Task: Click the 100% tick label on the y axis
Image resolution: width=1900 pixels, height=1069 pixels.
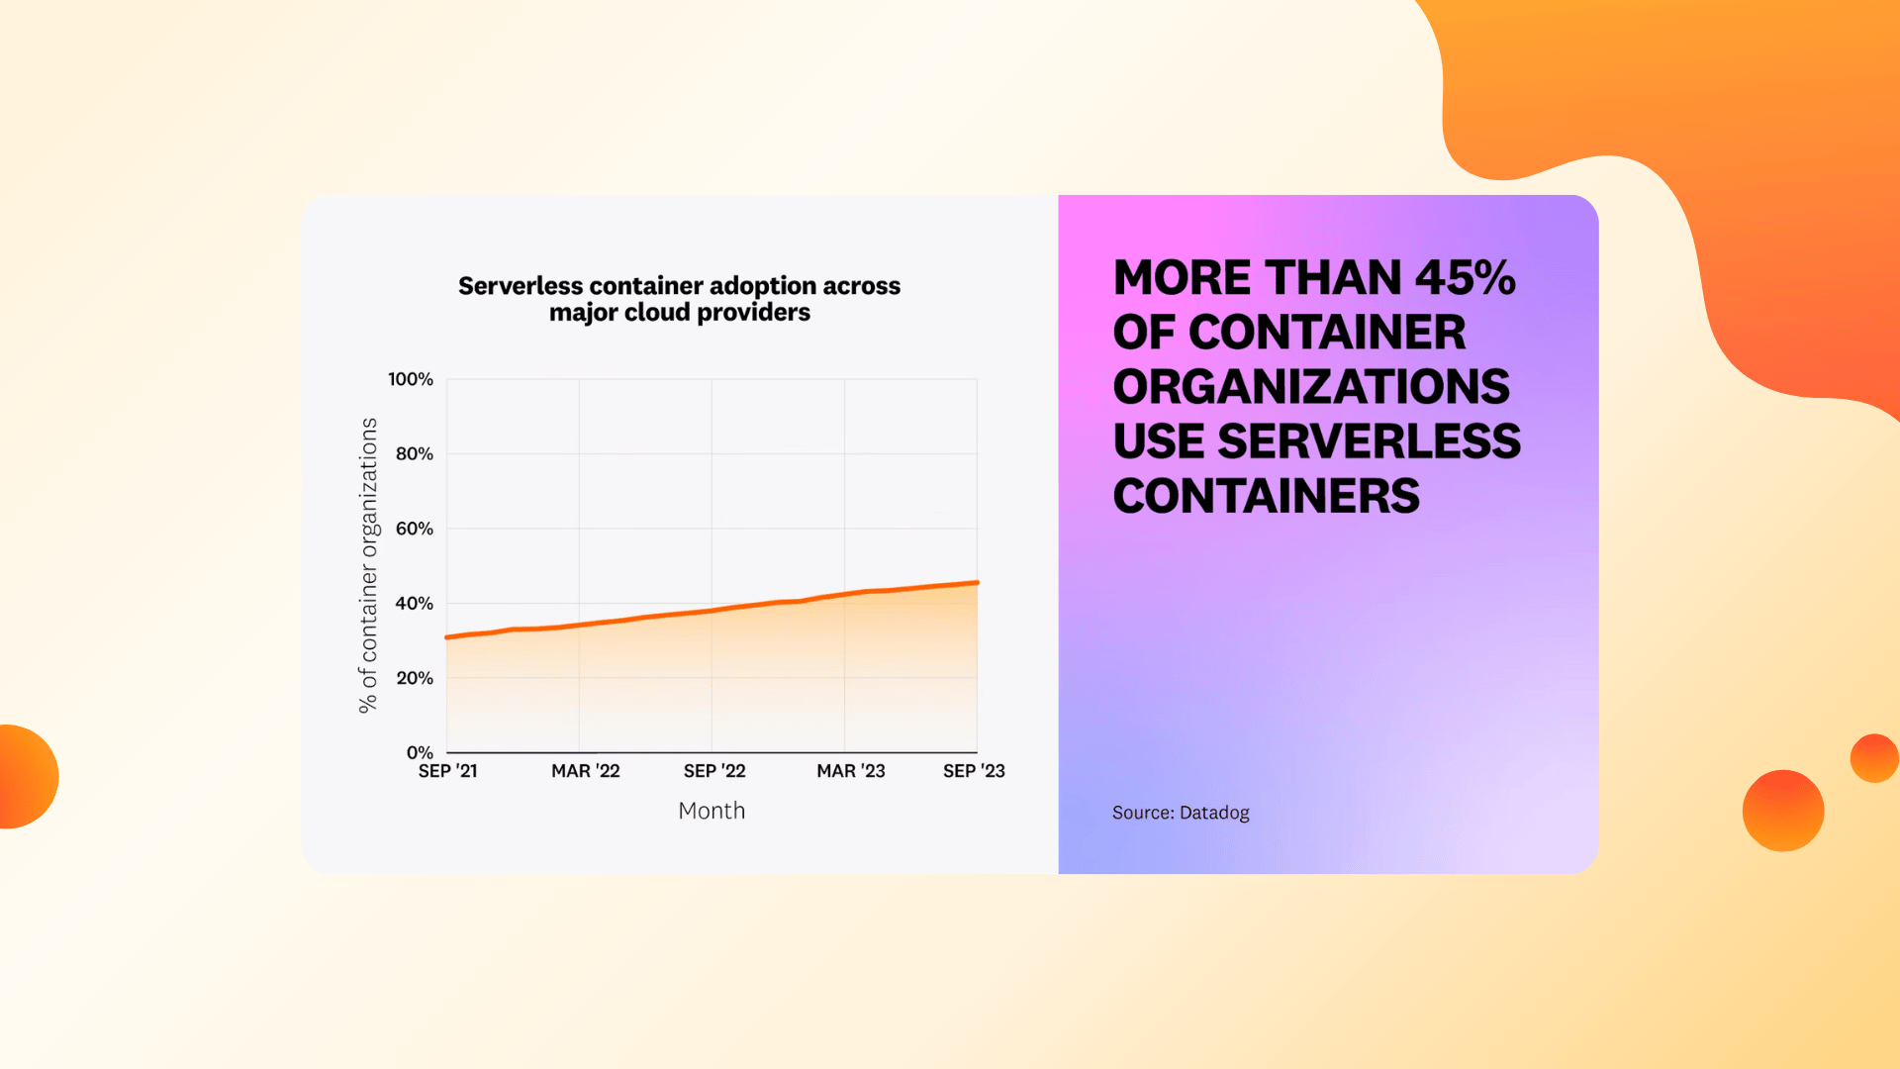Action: (411, 379)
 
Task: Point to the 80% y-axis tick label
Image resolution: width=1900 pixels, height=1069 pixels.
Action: (415, 453)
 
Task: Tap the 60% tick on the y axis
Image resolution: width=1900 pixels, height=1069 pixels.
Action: (415, 529)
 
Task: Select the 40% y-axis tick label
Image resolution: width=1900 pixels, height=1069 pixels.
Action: (415, 603)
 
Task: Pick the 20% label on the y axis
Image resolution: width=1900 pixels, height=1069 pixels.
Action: (415, 678)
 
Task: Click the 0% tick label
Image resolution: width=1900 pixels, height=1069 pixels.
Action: (420, 752)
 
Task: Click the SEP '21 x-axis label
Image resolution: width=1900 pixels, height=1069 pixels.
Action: (447, 771)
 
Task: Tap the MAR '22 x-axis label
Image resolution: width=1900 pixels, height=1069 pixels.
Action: (586, 771)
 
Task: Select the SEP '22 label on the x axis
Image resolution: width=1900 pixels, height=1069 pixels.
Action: (714, 771)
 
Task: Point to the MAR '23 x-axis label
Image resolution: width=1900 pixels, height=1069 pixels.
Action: (851, 771)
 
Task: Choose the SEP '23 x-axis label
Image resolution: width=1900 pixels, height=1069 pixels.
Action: (974, 771)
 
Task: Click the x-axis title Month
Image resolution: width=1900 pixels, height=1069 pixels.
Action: (712, 811)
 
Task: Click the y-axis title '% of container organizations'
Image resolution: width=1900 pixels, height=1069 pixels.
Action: (368, 565)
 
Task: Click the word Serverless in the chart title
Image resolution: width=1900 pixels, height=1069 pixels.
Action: (521, 286)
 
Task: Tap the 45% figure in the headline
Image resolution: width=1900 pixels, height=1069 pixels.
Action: (1466, 278)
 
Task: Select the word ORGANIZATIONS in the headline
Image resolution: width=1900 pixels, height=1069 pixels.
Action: (1311, 387)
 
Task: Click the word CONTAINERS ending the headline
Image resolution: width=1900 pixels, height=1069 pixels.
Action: (1267, 496)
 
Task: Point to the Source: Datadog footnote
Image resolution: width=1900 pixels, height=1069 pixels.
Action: (1181, 813)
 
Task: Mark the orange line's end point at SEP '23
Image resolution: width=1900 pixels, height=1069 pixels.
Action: (977, 583)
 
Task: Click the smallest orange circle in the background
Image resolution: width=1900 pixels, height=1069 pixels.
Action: (1874, 758)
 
